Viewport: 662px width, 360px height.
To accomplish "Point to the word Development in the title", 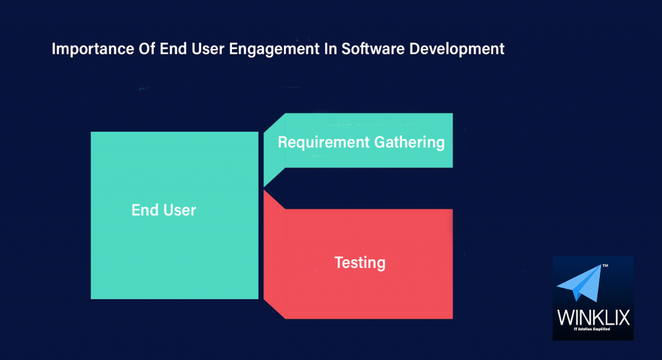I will coord(456,50).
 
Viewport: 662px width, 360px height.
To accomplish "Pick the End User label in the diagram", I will coord(164,210).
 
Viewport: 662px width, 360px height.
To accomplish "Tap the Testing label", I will coord(359,262).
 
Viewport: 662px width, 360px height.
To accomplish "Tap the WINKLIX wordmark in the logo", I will coord(593,318).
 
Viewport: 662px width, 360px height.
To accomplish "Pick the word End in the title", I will coord(161,49).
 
